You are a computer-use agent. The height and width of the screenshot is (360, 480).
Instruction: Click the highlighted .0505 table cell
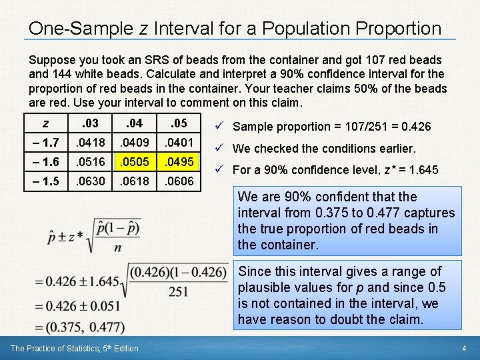[x=134, y=162]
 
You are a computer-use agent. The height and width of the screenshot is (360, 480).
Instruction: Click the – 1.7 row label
[x=45, y=141]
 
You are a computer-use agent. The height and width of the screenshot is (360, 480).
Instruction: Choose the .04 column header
[x=134, y=123]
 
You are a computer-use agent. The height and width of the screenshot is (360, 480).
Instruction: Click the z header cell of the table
[x=45, y=123]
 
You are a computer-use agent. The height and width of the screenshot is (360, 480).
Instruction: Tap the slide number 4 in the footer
[x=464, y=349]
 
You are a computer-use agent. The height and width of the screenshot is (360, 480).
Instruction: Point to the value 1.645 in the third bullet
[x=423, y=170]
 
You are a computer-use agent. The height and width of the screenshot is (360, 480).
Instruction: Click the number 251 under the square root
[x=178, y=291]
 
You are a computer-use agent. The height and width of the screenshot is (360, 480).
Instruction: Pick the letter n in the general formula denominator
[x=117, y=247]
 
